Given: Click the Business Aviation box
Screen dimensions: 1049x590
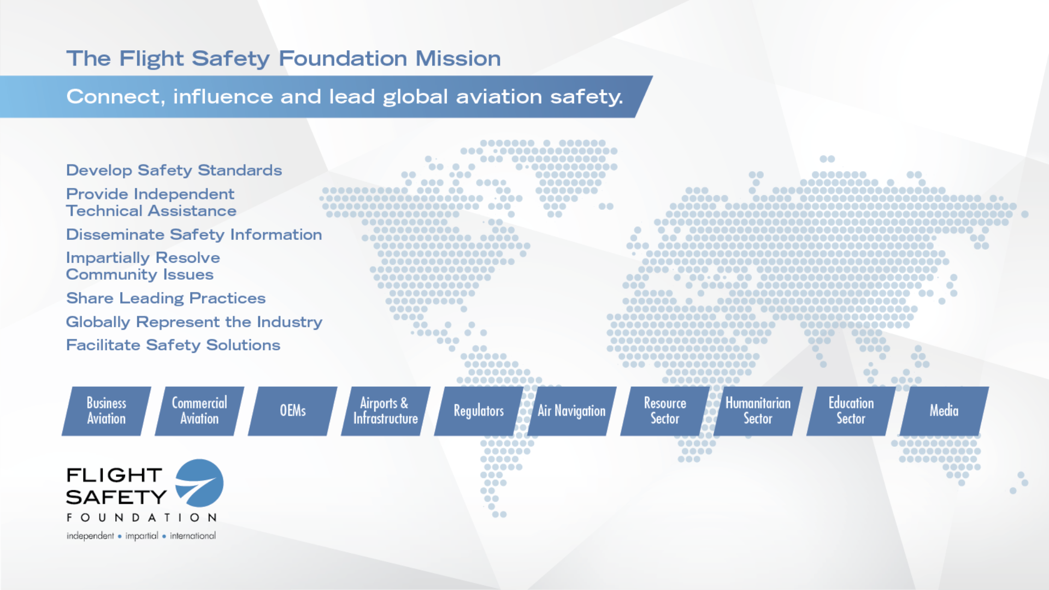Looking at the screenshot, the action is coord(107,411).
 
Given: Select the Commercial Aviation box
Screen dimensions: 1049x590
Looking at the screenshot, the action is coord(199,411).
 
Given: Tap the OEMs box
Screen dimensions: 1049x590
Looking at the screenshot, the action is coord(293,411).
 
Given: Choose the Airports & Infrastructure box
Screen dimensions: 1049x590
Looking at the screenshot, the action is coord(386,411).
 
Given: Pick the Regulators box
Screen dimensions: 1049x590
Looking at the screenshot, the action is coord(479,411).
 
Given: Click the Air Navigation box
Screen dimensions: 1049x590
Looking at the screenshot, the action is coord(572,411).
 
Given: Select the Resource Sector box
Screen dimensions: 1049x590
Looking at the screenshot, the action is coord(665,411).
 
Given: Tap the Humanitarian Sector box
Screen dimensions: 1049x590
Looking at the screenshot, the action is coord(758,411).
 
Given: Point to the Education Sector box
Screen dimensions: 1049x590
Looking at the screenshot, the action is coord(851,411).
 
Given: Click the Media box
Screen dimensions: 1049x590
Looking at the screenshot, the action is coord(944,411).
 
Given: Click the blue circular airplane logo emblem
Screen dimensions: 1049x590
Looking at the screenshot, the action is coord(200,483).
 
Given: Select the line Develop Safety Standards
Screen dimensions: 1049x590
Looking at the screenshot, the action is coord(174,170).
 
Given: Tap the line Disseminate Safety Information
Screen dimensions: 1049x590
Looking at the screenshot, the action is coord(194,235).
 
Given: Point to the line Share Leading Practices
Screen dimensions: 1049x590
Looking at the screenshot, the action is coord(166,298).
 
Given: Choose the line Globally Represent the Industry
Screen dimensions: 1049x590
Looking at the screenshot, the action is coord(194,322).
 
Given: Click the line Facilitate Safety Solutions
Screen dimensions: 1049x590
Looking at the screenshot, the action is coord(173,345).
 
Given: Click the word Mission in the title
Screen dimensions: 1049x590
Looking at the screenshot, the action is coord(458,58).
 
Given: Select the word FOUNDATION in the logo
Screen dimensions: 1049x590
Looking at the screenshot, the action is coord(142,517).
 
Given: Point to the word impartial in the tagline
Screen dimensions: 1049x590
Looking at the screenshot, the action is coord(142,536).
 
